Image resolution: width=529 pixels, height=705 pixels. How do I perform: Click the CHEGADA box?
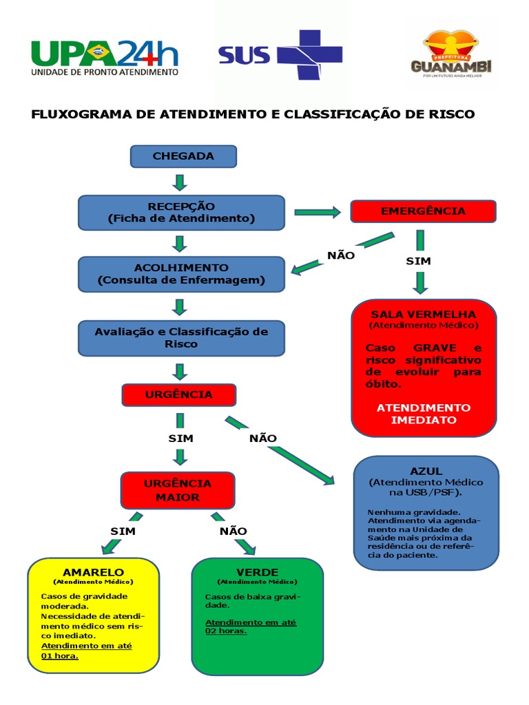(x=183, y=156)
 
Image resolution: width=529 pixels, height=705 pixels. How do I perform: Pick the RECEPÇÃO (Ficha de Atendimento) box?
(x=181, y=212)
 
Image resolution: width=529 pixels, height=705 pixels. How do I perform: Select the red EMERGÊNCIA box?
(x=423, y=211)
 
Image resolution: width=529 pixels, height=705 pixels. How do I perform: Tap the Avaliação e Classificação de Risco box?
(x=181, y=337)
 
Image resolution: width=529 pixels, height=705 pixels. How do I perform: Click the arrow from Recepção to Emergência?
(x=318, y=213)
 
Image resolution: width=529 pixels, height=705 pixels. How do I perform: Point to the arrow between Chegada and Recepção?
(x=180, y=182)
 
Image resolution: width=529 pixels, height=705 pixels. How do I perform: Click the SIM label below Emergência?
(x=418, y=261)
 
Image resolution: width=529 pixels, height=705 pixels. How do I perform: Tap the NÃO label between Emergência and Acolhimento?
(x=341, y=255)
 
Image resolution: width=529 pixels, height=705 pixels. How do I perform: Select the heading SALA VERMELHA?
(x=423, y=314)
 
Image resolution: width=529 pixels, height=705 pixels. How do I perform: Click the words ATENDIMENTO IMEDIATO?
(x=423, y=413)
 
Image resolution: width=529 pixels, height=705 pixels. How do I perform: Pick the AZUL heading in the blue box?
(x=426, y=471)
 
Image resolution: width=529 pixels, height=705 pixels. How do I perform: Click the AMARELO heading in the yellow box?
(x=93, y=572)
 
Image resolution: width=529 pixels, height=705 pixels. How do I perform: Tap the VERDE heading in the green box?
(x=257, y=572)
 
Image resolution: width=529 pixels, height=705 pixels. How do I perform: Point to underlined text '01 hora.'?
(x=60, y=655)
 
